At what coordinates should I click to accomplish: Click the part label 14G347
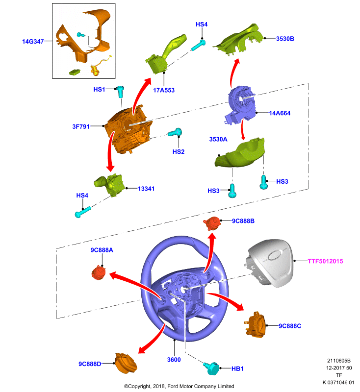[33, 41]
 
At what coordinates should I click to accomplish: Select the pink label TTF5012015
[325, 261]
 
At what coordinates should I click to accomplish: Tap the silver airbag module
[270, 263]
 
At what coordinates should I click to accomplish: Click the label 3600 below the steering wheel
[174, 360]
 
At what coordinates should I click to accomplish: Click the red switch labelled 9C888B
[212, 223]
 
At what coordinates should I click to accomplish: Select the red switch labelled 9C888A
[99, 272]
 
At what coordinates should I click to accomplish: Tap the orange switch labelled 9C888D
[126, 363]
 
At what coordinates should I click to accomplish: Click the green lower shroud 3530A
[240, 153]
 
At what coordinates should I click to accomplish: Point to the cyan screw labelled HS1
[121, 92]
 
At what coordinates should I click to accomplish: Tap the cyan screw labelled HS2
[175, 132]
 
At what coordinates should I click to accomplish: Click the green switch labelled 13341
[109, 185]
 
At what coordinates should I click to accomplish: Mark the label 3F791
[81, 126]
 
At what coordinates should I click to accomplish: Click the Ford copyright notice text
[179, 386]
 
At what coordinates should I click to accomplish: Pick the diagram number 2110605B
[339, 361]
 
